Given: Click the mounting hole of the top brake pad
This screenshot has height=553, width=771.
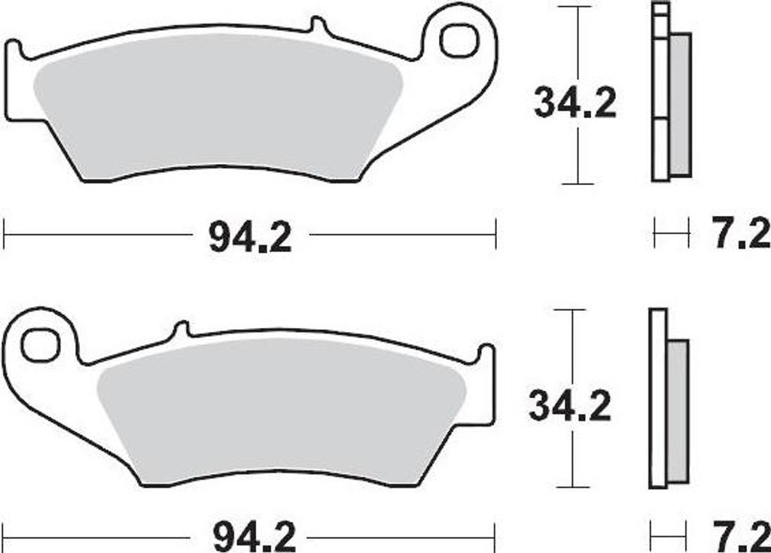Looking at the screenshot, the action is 459,41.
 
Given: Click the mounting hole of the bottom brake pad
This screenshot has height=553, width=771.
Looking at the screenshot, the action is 41,345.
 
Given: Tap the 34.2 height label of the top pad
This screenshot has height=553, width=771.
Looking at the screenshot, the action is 574,103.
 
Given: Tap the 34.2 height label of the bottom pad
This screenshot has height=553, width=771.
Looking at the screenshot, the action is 570,406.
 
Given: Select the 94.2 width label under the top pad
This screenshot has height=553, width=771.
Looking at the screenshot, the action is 250,237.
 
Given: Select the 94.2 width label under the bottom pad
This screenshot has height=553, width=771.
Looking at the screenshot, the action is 254,538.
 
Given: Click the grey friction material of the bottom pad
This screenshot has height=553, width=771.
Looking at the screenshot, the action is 282,411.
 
